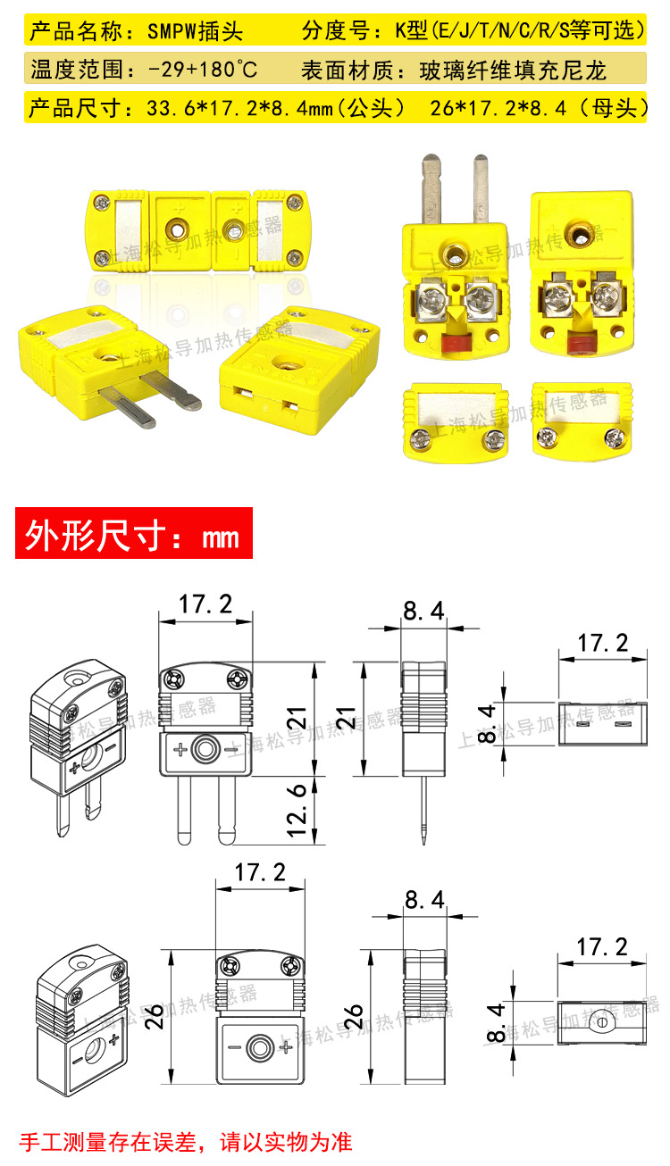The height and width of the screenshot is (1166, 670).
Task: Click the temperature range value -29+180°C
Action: (x=203, y=70)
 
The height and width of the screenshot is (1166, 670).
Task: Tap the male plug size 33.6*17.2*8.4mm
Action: (x=239, y=108)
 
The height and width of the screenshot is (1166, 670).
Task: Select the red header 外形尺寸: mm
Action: (x=134, y=534)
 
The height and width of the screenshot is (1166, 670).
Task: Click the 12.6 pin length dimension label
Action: (x=298, y=810)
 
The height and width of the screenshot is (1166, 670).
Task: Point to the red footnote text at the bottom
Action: (x=186, y=1142)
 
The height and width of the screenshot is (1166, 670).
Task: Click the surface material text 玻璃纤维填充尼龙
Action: (x=513, y=71)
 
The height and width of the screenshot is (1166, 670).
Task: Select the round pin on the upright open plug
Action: (x=481, y=188)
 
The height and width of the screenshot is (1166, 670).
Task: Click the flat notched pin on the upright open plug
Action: (x=431, y=189)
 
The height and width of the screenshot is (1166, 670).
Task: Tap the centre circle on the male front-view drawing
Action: (x=205, y=750)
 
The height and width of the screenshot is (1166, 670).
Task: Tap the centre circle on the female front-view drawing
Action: (x=259, y=1046)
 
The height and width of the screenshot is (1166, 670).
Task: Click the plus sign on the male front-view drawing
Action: (x=180, y=750)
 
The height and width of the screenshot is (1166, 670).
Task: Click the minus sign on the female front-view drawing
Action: (x=234, y=1047)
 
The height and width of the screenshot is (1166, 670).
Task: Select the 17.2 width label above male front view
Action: (x=205, y=604)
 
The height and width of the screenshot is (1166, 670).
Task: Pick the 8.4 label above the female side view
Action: (x=424, y=900)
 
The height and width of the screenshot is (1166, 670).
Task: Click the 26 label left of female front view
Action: (x=155, y=1016)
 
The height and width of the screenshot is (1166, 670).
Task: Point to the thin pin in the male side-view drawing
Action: (x=424, y=810)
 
